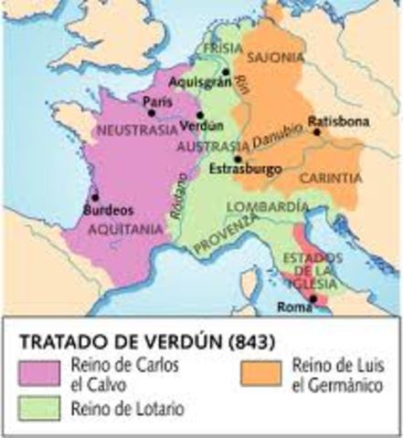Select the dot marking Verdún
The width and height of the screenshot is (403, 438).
pyautogui.click(x=200, y=116)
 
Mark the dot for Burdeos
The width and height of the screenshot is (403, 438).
pyautogui.click(x=95, y=195)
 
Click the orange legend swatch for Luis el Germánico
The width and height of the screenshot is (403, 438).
pyautogui.click(x=263, y=371)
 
